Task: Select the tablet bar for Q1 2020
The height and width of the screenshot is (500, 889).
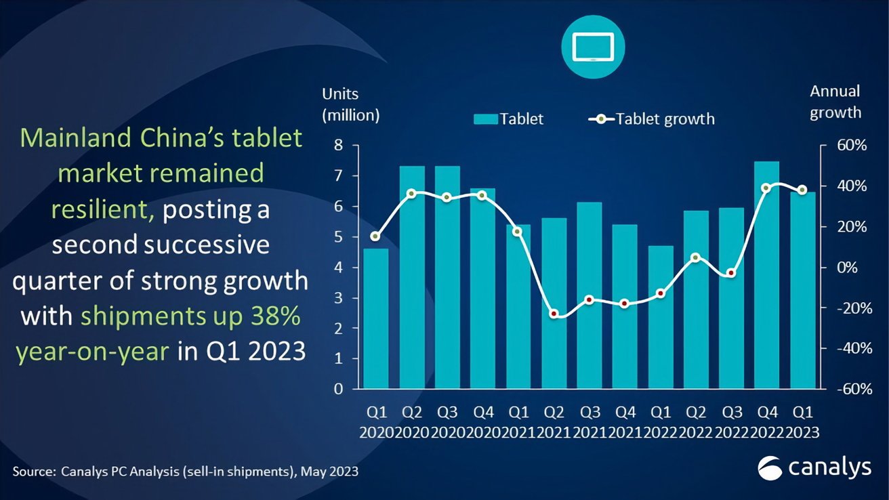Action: (x=376, y=318)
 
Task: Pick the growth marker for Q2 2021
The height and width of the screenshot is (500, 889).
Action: (x=554, y=314)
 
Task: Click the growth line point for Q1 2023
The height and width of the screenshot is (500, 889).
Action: (x=802, y=190)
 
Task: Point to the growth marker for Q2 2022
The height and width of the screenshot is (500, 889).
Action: (x=696, y=257)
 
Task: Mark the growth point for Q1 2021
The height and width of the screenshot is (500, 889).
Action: (x=518, y=231)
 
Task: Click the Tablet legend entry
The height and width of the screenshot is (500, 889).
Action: (x=508, y=119)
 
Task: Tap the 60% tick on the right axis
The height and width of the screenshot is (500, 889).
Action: (x=843, y=146)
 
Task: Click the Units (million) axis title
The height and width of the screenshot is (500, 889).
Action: (x=350, y=104)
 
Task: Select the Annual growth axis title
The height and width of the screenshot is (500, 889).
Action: (x=835, y=102)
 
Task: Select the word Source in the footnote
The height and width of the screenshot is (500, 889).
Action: (x=34, y=472)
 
